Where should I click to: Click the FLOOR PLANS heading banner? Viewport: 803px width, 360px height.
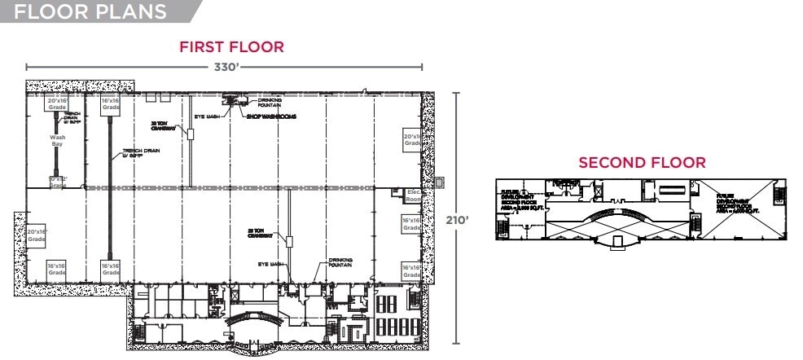click(x=90, y=11)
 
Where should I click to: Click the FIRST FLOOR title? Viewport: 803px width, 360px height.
click(x=231, y=46)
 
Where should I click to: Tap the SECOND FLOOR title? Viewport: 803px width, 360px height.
click(x=642, y=163)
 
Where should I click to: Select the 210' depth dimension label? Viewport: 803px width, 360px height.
click(x=458, y=220)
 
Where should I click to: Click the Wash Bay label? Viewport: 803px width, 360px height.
click(x=57, y=141)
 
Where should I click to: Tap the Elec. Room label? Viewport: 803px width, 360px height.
click(x=413, y=195)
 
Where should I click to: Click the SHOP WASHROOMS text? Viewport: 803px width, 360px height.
click(x=271, y=116)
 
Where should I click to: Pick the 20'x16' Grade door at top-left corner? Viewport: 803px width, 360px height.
click(x=57, y=104)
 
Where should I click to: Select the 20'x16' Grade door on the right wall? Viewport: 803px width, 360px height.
click(x=412, y=139)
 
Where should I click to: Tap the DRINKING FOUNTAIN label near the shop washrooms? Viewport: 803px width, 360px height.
click(x=270, y=103)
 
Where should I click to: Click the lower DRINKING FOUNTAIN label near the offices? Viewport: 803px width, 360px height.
click(x=340, y=263)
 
